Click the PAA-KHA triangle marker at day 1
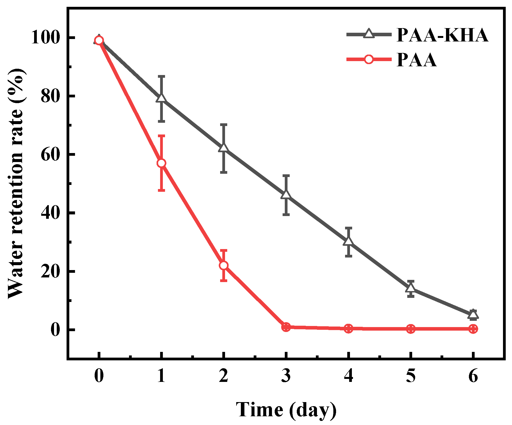click(x=161, y=98)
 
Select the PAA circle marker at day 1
click(x=161, y=163)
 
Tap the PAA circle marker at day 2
click(x=224, y=265)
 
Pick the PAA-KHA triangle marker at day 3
click(x=286, y=195)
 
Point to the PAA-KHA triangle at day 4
click(x=348, y=241)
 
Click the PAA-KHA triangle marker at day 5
click(x=411, y=288)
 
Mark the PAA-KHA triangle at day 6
click(x=473, y=315)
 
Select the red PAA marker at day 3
click(x=286, y=327)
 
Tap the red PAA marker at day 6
click(x=473, y=329)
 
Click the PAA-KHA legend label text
click(x=442, y=35)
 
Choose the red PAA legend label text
click(x=417, y=60)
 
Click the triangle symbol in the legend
click(x=369, y=34)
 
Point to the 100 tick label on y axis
click(x=45, y=37)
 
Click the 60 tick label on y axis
click(x=50, y=155)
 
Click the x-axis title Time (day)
click(x=286, y=410)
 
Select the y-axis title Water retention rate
click(x=16, y=183)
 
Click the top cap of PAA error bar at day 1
click(x=161, y=135)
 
